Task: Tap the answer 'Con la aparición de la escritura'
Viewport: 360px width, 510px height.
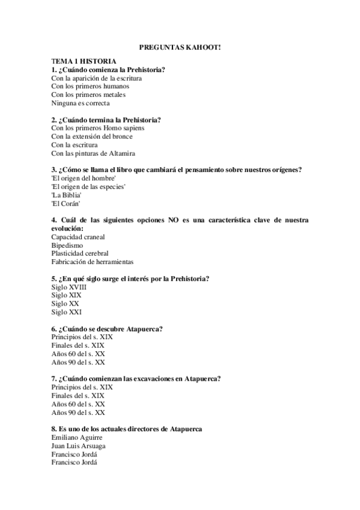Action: pyautogui.click(x=100, y=78)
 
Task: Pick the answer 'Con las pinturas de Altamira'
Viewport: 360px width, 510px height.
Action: pyautogui.click(x=93, y=153)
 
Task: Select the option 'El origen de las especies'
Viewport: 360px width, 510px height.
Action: pyautogui.click(x=88, y=187)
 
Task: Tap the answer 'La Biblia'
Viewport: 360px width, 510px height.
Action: pyautogui.click(x=66, y=195)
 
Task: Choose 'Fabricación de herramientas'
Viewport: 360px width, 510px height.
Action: pyautogui.click(x=93, y=262)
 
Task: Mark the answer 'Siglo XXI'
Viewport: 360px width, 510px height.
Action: pyautogui.click(x=67, y=312)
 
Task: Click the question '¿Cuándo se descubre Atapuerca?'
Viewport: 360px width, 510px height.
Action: pyautogui.click(x=108, y=328)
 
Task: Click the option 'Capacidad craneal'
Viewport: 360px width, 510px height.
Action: pyautogui.click(x=78, y=237)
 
